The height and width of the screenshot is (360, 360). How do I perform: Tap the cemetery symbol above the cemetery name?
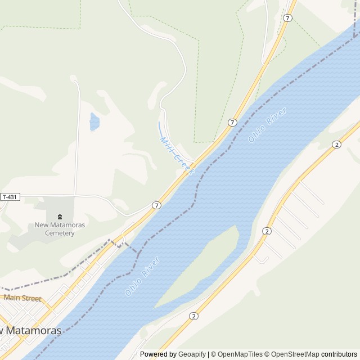[60, 217]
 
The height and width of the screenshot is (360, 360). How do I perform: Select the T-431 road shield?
[10, 197]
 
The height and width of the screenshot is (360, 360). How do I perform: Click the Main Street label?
[22, 298]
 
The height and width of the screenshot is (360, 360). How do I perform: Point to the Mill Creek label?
[176, 155]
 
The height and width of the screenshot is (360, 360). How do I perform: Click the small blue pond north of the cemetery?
[94, 121]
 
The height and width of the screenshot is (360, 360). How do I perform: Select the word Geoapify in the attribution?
[192, 354]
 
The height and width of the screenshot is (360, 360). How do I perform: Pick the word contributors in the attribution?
[340, 354]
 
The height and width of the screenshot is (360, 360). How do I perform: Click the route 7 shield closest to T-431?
[156, 205]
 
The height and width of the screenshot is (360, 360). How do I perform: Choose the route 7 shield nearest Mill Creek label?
[232, 122]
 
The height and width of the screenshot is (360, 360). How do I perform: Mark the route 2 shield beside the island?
[267, 231]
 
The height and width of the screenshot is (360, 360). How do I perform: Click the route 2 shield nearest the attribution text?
[194, 316]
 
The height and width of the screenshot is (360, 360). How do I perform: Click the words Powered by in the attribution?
[157, 354]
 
